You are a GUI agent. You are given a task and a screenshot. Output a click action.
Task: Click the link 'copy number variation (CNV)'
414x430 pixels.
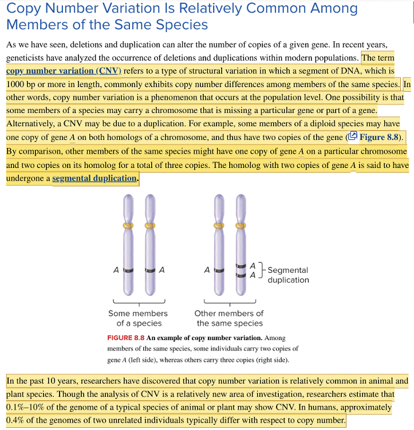(64, 71)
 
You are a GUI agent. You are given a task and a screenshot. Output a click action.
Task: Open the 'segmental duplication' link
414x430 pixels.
(94, 178)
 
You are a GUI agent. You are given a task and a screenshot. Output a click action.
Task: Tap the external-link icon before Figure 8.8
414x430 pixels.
(353, 136)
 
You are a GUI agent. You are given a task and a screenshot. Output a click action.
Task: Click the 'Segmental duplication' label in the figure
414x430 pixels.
(287, 275)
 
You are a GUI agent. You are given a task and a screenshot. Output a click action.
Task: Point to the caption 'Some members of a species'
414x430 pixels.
(138, 318)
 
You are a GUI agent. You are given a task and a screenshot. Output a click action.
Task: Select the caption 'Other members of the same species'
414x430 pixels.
(228, 318)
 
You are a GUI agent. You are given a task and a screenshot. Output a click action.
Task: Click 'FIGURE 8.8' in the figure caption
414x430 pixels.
(125, 338)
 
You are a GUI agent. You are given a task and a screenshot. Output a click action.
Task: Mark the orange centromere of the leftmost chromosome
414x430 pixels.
(129, 225)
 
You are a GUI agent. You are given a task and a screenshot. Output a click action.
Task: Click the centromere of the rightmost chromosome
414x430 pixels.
(241, 225)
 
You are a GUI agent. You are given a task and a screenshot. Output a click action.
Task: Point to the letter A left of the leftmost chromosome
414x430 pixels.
(116, 269)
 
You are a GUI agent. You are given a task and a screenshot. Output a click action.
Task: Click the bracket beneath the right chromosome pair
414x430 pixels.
(230, 303)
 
